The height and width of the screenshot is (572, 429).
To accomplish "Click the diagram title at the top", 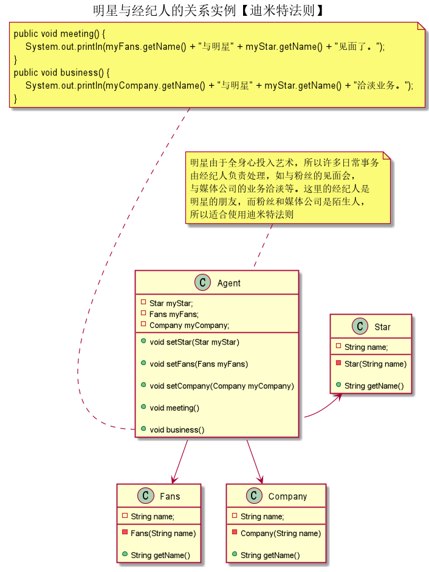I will [208, 10].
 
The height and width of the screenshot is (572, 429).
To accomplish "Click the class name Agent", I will [228, 283].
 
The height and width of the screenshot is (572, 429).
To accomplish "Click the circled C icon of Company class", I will [254, 497].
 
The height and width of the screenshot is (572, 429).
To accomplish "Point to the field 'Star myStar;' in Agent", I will [171, 303].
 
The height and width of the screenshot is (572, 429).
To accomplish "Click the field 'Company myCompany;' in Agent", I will [189, 325].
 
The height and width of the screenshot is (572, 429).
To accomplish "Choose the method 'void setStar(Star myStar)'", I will [194, 342].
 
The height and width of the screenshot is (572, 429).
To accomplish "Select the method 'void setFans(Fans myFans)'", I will [199, 364].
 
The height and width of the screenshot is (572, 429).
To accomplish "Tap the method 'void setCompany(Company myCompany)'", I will [221, 386].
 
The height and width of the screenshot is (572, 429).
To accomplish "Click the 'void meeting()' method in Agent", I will [174, 408].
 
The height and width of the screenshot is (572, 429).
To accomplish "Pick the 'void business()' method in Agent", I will [177, 430].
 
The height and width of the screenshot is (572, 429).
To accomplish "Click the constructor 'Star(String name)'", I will [375, 364].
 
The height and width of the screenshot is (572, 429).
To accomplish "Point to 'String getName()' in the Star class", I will [374, 386].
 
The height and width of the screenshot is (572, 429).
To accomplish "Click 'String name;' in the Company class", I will [262, 517].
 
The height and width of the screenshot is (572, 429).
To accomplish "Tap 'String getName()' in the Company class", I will [270, 555].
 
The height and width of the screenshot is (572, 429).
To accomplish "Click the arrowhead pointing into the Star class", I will [338, 397].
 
